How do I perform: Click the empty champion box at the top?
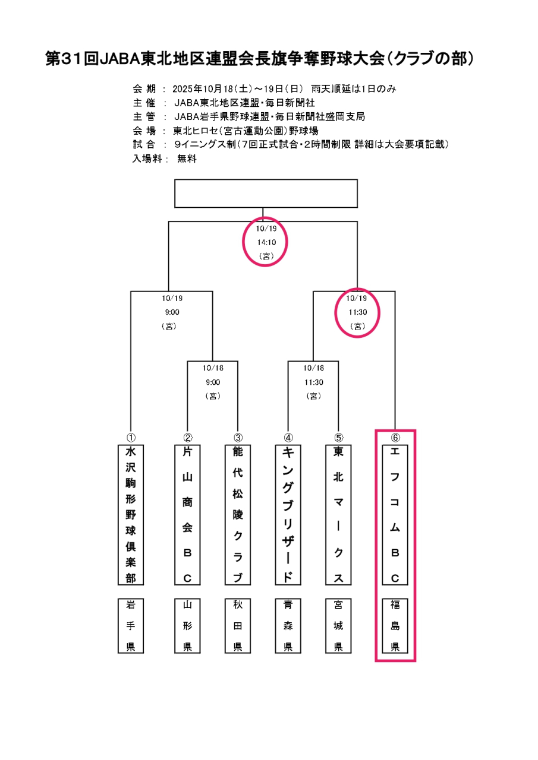(x=266, y=194)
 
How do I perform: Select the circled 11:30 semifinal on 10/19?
(x=357, y=312)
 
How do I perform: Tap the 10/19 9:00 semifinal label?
(x=171, y=312)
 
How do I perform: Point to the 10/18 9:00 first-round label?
(x=213, y=382)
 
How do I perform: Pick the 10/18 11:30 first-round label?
(x=313, y=382)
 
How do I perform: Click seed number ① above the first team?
(x=131, y=437)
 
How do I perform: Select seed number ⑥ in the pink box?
(x=395, y=437)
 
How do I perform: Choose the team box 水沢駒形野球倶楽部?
(x=131, y=514)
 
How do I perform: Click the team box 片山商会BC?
(x=187, y=514)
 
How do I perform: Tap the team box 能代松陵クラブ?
(x=238, y=514)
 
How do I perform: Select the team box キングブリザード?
(x=288, y=514)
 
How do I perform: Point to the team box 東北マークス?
(x=338, y=514)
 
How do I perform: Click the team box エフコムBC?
(x=395, y=514)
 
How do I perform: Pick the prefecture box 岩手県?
(x=131, y=625)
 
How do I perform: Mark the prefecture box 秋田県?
(x=238, y=625)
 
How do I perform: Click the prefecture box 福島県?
(x=395, y=625)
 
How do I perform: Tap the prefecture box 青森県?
(x=288, y=625)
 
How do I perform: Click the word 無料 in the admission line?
(x=187, y=159)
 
